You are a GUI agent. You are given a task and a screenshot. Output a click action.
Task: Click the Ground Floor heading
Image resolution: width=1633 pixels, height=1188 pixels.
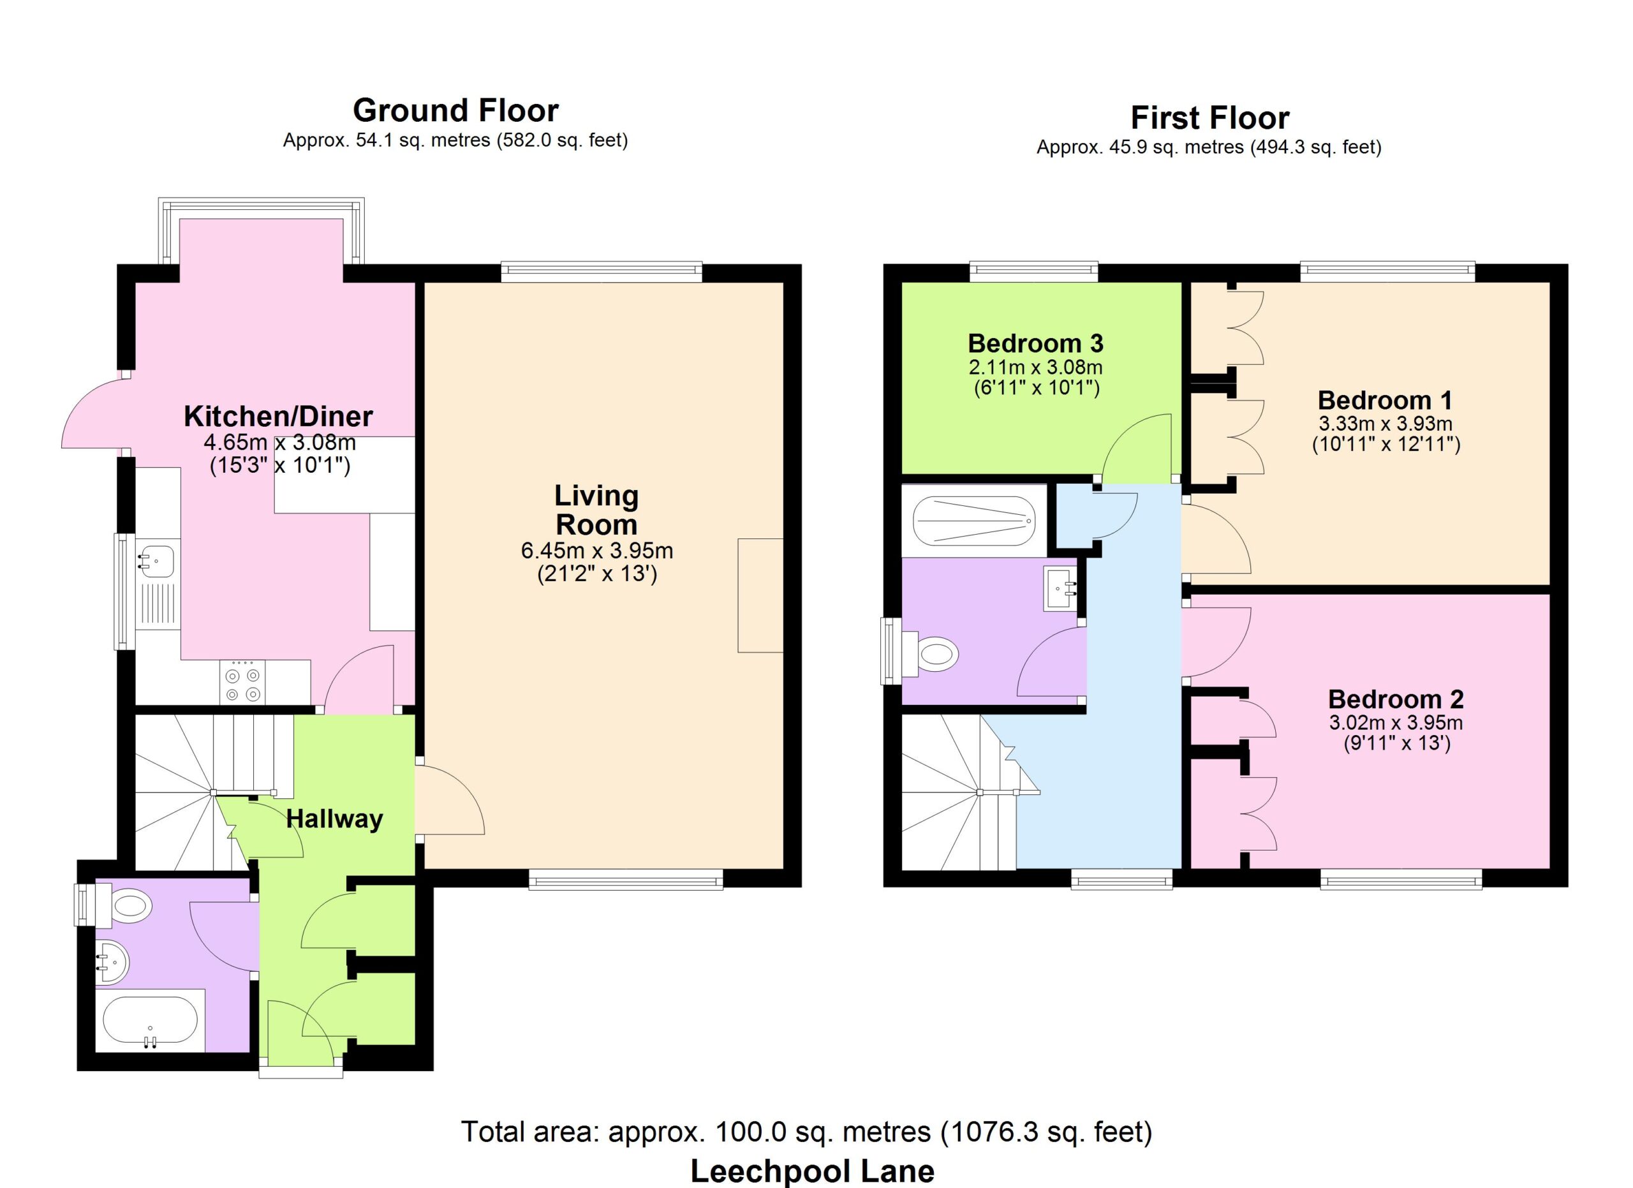[455, 111]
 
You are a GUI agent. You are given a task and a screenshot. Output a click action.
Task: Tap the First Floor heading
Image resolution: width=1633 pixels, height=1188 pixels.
[1209, 118]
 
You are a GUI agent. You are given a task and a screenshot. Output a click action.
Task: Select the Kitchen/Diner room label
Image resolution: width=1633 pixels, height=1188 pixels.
[278, 416]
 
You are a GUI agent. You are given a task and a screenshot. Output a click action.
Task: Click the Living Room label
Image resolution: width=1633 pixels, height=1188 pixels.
[597, 510]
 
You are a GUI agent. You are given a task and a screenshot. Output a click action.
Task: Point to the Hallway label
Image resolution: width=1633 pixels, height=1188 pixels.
[334, 819]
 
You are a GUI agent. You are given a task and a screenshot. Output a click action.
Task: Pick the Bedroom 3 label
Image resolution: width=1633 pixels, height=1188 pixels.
[1035, 343]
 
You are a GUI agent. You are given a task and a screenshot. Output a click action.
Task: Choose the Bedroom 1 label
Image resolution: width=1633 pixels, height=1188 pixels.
[1385, 399]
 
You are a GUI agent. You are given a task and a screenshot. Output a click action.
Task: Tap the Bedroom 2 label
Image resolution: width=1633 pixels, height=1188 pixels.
[1396, 699]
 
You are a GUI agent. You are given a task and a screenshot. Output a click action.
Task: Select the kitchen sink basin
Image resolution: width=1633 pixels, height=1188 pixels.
[156, 561]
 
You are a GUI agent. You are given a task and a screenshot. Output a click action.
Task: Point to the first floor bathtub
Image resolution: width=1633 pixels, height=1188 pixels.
[974, 521]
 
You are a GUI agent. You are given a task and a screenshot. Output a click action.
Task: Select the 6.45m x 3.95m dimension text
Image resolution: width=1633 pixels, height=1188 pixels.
[597, 551]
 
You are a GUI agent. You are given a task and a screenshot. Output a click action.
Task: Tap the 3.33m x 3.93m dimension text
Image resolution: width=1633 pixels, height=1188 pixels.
[1385, 424]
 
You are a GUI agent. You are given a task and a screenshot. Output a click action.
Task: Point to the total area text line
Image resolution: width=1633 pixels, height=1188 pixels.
[806, 1132]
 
